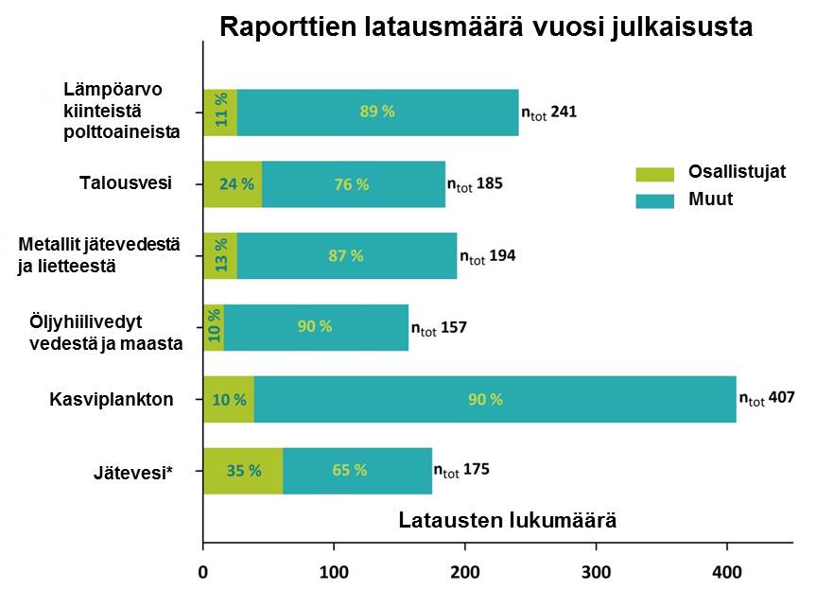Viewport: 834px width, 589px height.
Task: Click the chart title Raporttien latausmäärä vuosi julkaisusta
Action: coord(486,26)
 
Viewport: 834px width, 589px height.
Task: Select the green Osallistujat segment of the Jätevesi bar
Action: coord(243,470)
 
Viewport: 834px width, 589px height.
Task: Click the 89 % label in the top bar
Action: coord(377,112)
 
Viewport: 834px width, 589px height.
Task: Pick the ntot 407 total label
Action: coord(767,398)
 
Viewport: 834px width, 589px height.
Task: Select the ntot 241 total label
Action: coord(549,112)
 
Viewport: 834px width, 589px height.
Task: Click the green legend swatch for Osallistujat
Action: coord(654,173)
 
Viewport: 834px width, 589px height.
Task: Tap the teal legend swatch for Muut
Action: coord(654,200)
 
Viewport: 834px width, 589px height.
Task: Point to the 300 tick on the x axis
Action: coord(596,571)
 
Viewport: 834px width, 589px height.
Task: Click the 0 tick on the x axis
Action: coord(203,571)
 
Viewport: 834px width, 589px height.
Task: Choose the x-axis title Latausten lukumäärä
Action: coord(508,521)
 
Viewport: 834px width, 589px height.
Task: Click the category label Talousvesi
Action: coord(125,182)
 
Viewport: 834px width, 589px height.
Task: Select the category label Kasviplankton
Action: coord(112,399)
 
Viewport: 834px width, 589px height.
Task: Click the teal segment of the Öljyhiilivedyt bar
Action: coord(315,327)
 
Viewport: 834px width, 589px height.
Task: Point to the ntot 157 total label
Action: coord(439,328)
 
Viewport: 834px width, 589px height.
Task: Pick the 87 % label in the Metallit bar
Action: coord(344,255)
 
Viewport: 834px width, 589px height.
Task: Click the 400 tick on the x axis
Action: coord(726,571)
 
